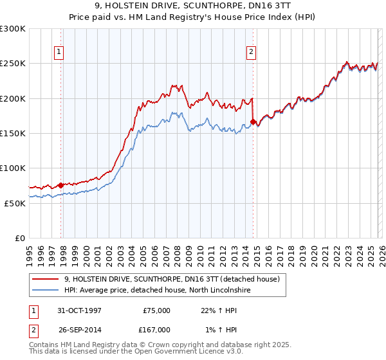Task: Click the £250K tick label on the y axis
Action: (x=13, y=64)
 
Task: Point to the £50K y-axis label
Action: (x=15, y=203)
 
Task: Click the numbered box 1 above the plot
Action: (x=59, y=52)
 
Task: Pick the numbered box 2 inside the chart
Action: (x=251, y=52)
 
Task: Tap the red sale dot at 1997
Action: (x=61, y=185)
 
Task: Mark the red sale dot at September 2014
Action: (x=253, y=121)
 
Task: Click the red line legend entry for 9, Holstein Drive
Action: (x=171, y=280)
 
